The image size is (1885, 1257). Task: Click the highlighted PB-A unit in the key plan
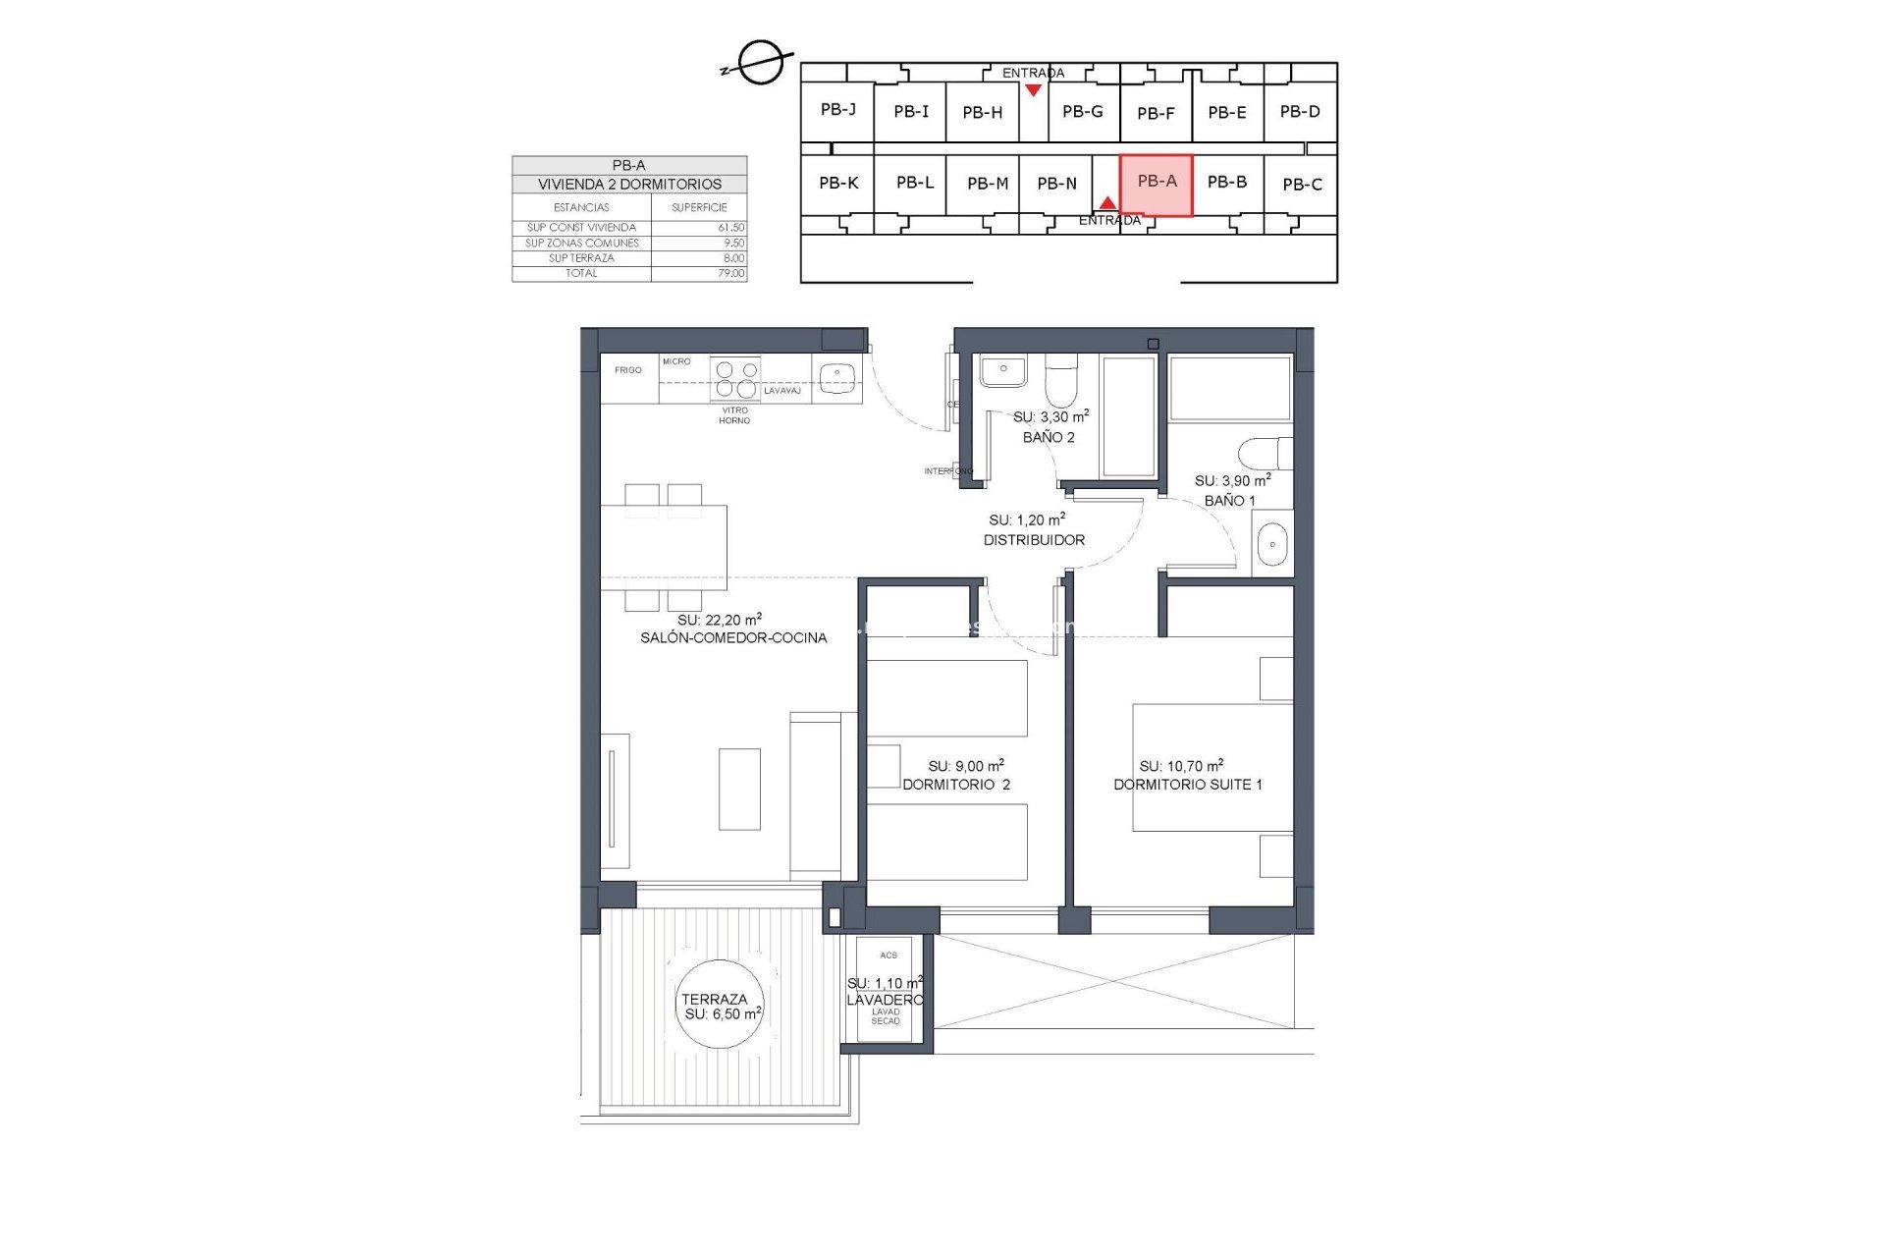tap(1157, 185)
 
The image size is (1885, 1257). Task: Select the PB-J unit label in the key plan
tap(837, 109)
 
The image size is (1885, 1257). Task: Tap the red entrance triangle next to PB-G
tap(1033, 90)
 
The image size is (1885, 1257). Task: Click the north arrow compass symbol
tap(760, 64)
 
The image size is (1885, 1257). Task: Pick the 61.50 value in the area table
tap(730, 227)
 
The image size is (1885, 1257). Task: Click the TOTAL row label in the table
tap(581, 273)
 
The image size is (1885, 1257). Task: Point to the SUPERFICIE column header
tap(699, 207)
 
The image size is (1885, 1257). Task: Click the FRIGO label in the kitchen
tap(628, 370)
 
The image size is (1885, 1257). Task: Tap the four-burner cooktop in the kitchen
tap(736, 379)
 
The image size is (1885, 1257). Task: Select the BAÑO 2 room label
tap(1049, 437)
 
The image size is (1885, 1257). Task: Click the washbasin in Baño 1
tap(1272, 544)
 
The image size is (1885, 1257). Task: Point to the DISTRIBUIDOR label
tap(1034, 540)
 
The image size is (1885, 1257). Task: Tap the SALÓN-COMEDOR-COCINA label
tap(733, 637)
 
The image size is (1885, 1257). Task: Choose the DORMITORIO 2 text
tap(956, 784)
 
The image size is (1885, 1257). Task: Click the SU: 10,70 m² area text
tap(1181, 766)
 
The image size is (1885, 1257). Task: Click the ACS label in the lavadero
tap(889, 955)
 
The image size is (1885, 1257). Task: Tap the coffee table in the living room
tap(739, 789)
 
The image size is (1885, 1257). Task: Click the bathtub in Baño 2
tap(1128, 416)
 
